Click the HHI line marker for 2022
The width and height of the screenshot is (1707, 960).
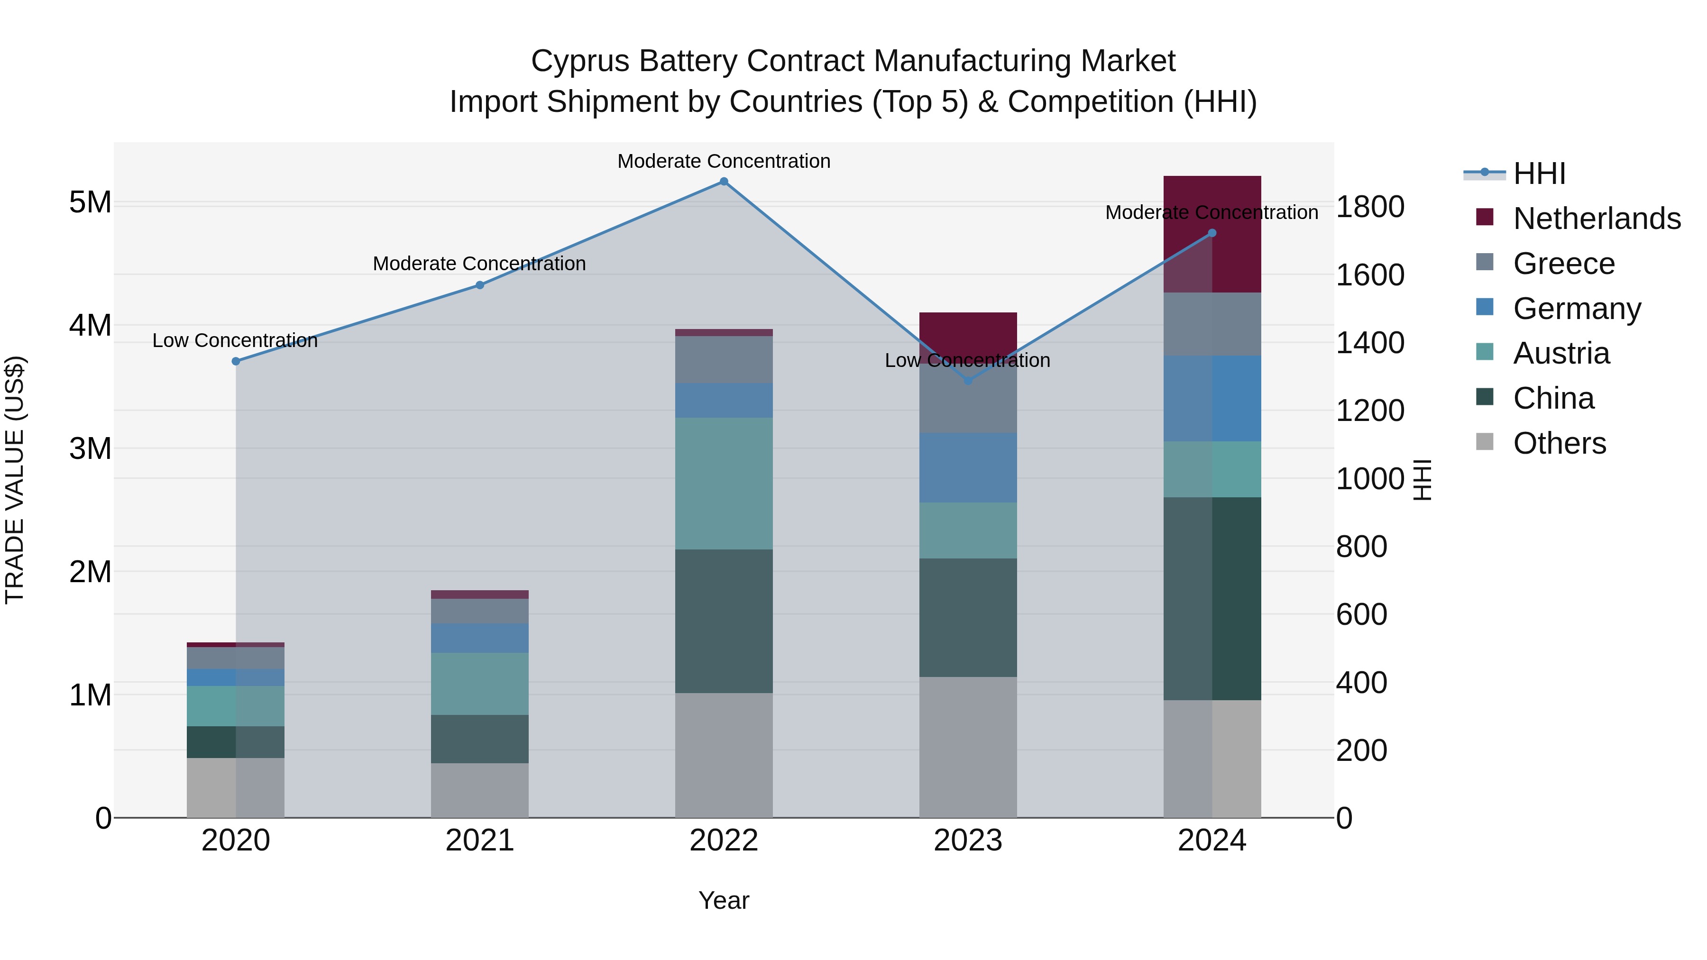tap(724, 182)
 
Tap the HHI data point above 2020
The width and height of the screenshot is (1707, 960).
tap(236, 361)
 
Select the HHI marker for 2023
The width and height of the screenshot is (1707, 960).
tap(967, 381)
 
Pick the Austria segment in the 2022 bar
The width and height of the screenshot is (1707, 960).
tap(724, 483)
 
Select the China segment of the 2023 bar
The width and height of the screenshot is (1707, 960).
tap(967, 617)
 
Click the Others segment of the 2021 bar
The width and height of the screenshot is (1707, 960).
tap(480, 790)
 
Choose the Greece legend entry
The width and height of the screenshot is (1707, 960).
tap(1564, 264)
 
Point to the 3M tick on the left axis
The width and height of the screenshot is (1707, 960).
tap(90, 448)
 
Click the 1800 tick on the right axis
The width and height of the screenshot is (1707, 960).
tap(1369, 207)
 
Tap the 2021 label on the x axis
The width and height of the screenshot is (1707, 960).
tap(480, 841)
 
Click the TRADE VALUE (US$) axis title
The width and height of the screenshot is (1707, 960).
tap(15, 480)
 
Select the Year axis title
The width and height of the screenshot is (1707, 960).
tap(724, 900)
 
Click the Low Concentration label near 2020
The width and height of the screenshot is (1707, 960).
tap(235, 340)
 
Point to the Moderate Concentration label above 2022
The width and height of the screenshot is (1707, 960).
tap(724, 161)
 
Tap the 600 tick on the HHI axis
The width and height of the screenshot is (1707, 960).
tap(1361, 614)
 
